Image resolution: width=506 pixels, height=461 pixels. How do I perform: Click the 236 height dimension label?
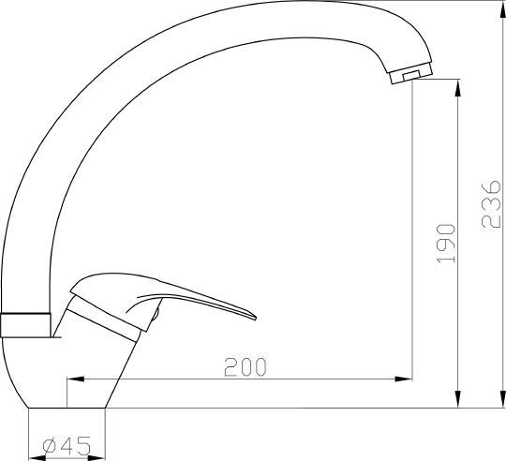[x=491, y=204]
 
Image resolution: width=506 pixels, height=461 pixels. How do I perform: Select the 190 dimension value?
[x=446, y=244]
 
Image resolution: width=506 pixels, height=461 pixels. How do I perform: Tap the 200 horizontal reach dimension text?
[x=246, y=366]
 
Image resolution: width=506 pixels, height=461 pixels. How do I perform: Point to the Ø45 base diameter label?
[x=67, y=446]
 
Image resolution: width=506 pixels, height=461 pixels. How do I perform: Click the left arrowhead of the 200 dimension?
[x=75, y=379]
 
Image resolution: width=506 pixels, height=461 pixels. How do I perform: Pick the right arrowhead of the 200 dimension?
[x=404, y=379]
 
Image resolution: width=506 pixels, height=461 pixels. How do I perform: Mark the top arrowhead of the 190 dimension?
[x=457, y=88]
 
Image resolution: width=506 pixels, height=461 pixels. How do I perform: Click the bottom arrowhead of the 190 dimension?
[x=457, y=399]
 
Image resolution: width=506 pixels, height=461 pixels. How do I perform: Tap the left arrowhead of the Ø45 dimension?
[x=37, y=458]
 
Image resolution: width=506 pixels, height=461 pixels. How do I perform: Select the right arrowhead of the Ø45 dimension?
[x=97, y=458]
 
